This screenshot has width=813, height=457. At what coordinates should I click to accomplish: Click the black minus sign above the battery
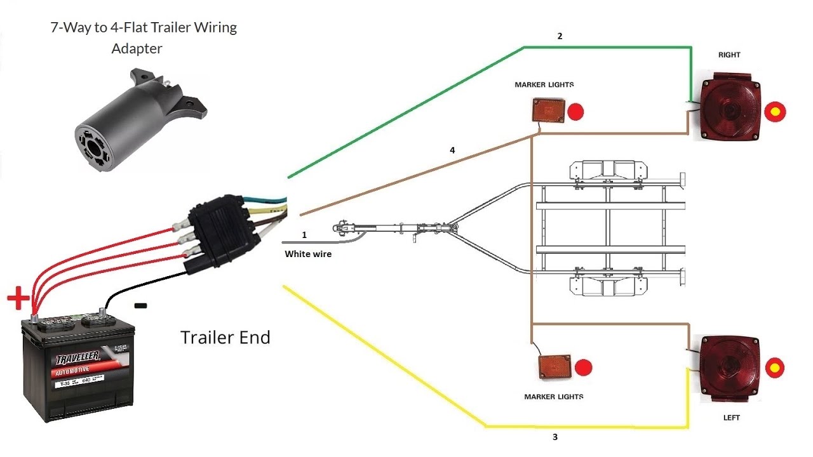tap(141, 306)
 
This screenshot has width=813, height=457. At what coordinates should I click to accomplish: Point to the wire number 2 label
tap(560, 37)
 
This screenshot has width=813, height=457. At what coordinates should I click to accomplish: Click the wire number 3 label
tap(554, 437)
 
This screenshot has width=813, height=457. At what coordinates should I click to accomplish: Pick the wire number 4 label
tap(452, 150)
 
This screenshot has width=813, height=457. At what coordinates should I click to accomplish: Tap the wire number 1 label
tap(304, 235)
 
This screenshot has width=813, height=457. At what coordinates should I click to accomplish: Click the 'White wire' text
tap(308, 254)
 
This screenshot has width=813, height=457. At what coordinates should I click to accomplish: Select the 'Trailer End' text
tap(225, 337)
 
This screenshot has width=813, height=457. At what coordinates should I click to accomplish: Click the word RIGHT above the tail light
tap(729, 55)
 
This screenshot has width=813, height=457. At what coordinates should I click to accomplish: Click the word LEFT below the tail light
tap(732, 418)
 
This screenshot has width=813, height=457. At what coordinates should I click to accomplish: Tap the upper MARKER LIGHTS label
tap(544, 84)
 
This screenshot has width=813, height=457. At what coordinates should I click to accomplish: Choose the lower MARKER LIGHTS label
tap(553, 397)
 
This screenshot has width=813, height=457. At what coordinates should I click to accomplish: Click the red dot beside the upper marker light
tap(575, 112)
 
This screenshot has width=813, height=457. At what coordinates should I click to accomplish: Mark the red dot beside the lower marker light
tap(582, 367)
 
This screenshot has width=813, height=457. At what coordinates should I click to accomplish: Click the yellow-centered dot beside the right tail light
tap(775, 112)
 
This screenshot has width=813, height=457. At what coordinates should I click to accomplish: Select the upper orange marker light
tap(548, 111)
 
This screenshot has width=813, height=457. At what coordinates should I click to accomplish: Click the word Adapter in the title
tap(137, 48)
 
